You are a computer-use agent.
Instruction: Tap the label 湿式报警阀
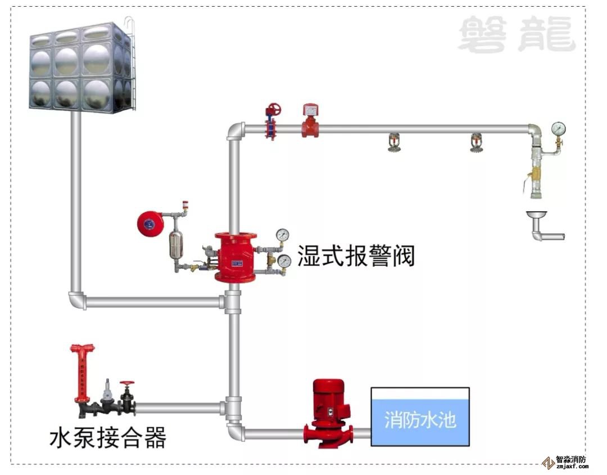(356, 256)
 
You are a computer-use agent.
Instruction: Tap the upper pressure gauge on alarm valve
(283, 234)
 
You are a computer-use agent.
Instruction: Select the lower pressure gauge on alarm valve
(284, 261)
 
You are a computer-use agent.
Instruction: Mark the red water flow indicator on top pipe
(310, 122)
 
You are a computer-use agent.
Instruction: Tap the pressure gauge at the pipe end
(558, 128)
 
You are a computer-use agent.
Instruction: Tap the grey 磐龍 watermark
(517, 35)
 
